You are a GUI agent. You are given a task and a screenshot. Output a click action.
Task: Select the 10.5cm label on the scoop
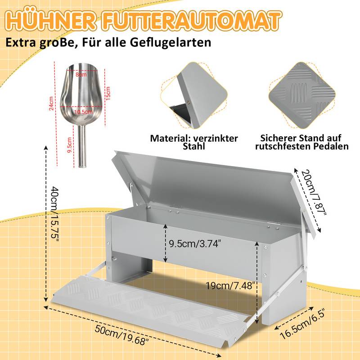[83, 112]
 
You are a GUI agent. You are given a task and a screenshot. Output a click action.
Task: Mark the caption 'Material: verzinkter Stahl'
[194, 142]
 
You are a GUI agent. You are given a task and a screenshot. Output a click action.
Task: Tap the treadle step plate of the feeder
[148, 310]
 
